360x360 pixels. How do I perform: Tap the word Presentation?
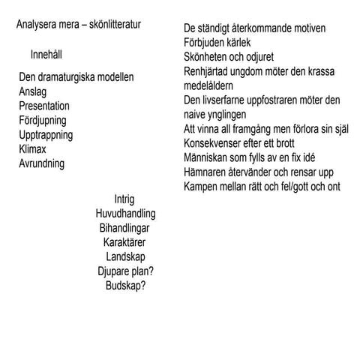point(44,106)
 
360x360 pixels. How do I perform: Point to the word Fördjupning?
point(43,120)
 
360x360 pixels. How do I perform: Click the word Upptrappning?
point(46,135)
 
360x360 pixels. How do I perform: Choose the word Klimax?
point(34,149)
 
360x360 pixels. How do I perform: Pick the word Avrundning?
point(41,163)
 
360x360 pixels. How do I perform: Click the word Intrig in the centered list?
point(124,199)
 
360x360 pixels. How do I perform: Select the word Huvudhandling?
point(125,214)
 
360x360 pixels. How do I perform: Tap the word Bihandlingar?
point(124,228)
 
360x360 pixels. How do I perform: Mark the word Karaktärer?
point(124,242)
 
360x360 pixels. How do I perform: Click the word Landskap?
point(125,256)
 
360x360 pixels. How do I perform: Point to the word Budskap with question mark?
point(125,286)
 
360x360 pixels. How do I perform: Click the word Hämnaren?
point(207,172)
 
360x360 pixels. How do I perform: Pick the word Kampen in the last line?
point(203,186)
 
